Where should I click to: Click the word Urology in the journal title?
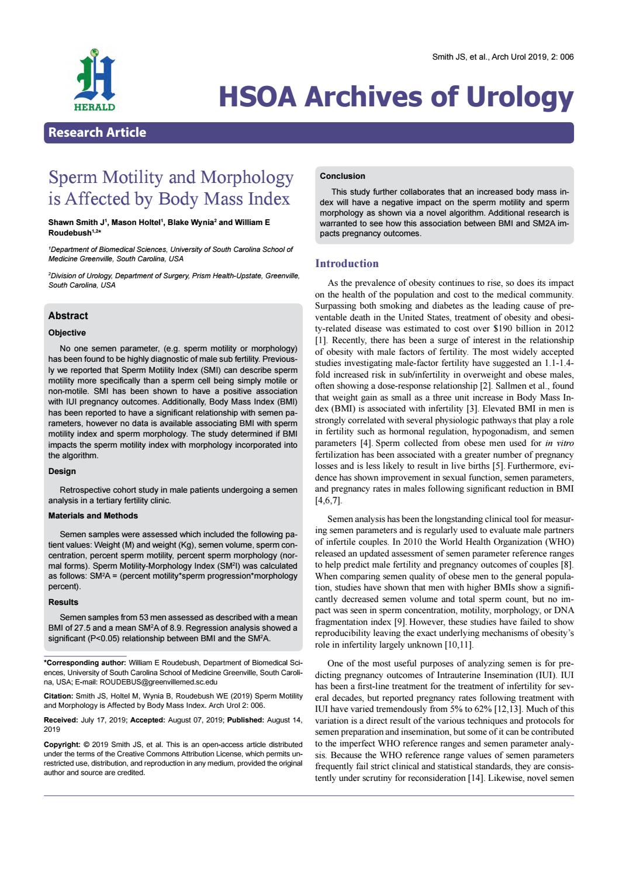click(x=517, y=97)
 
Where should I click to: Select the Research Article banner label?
click(x=97, y=133)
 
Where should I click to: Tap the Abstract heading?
click(x=68, y=316)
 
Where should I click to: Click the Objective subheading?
click(x=67, y=333)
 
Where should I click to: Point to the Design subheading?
click(x=62, y=471)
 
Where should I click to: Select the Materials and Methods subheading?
click(x=93, y=516)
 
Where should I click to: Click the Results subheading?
click(x=63, y=602)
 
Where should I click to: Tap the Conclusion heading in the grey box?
click(x=342, y=176)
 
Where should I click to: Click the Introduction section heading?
click(x=347, y=264)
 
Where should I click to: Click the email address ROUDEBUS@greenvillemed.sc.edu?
click(x=158, y=682)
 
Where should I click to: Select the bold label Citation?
click(x=58, y=697)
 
